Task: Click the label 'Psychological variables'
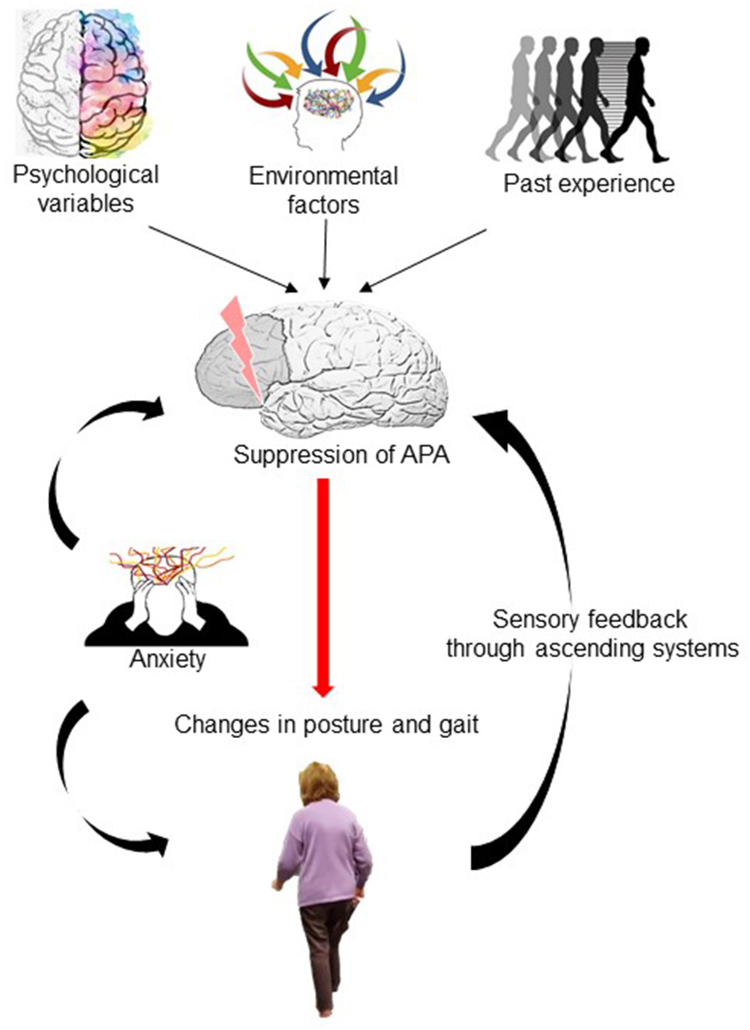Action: point(85,188)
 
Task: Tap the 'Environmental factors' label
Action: point(324,190)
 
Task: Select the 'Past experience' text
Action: point(589,183)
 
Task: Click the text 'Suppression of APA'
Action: point(342,455)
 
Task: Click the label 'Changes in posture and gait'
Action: point(326,724)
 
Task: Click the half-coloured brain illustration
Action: point(85,79)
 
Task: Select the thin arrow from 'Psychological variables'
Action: point(221,258)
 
